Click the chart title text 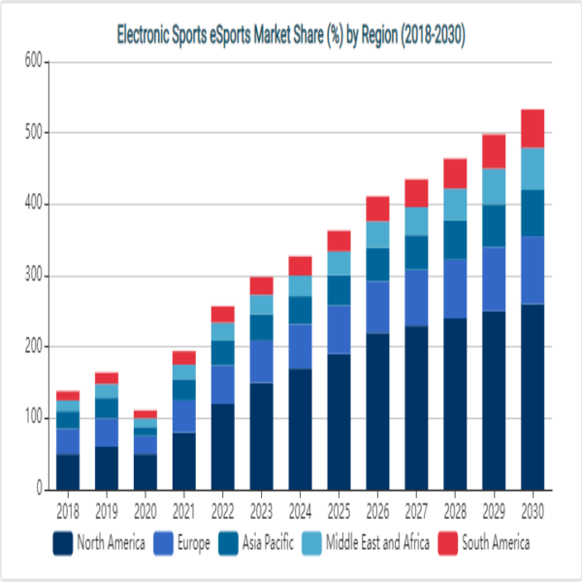coord(291,37)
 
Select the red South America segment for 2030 coord(533,128)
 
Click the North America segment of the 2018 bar coord(67,471)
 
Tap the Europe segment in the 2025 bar coord(339,330)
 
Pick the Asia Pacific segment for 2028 coord(455,240)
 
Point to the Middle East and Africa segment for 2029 coord(494,186)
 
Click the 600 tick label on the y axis coord(32,62)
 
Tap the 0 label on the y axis coord(40,490)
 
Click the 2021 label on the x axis coord(183,510)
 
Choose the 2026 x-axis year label coord(377,510)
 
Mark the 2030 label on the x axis coord(533,510)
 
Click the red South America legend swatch coord(449,543)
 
